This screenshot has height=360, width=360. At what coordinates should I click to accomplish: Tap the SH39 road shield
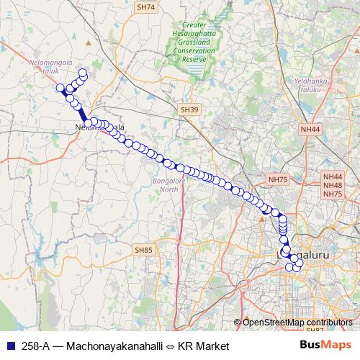pyautogui.click(x=189, y=109)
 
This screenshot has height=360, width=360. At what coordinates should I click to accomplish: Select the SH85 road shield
pyautogui.click(x=144, y=250)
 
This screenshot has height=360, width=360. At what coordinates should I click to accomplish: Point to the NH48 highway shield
pyautogui.click(x=333, y=185)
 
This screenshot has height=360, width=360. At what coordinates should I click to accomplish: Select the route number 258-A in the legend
pyautogui.click(x=35, y=346)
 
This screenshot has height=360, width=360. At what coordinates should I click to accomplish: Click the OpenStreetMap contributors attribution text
pyautogui.click(x=297, y=323)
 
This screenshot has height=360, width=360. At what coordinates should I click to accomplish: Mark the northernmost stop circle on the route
pyautogui.click(x=83, y=72)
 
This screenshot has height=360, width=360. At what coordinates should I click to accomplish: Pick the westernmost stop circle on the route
pyautogui.click(x=60, y=88)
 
